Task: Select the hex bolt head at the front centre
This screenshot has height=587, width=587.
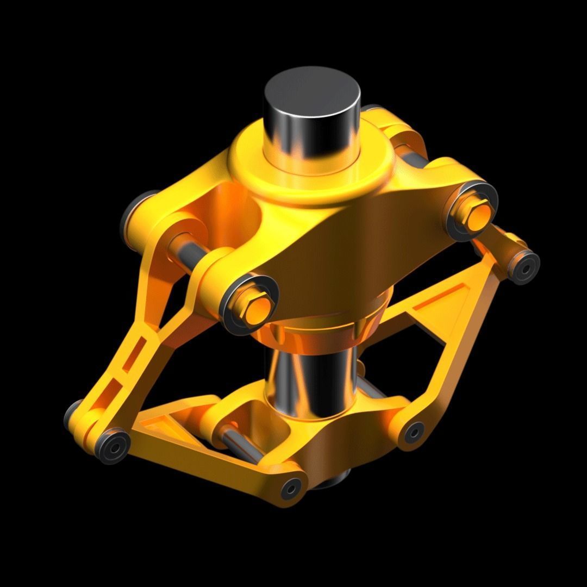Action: [255, 310]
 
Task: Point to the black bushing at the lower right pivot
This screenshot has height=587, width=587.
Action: [414, 432]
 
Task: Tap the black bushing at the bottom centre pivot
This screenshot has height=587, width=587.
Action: [291, 488]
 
